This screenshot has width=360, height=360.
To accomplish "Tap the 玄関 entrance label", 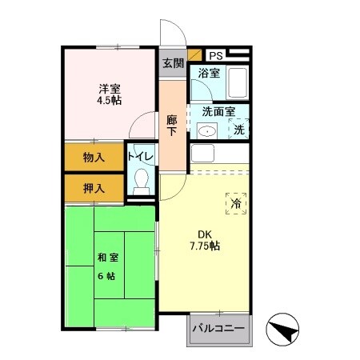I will click(x=172, y=63).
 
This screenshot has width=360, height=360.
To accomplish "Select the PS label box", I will click(x=217, y=56).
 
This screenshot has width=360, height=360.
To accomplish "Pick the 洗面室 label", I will click(x=218, y=113).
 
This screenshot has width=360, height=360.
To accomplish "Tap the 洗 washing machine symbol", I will click(x=239, y=129).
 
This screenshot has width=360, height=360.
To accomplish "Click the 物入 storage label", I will click(x=94, y=158).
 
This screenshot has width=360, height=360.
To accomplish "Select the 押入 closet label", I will click(x=94, y=189).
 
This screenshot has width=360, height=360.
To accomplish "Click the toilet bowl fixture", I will click(x=143, y=181).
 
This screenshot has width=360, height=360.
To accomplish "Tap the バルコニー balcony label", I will click(x=218, y=329).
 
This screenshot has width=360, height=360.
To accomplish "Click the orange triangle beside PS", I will click(x=197, y=54).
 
